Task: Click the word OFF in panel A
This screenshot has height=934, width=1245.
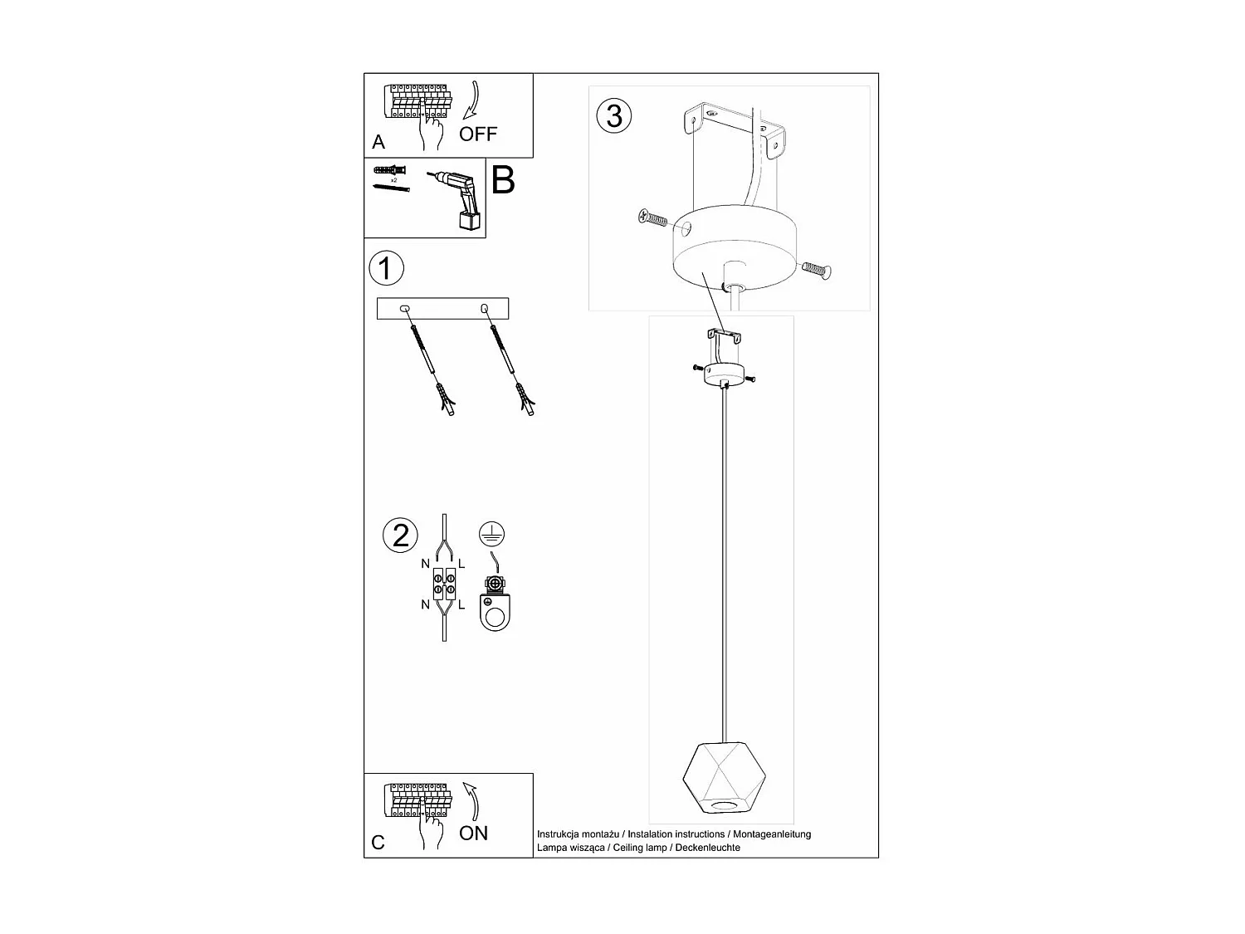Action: point(478,134)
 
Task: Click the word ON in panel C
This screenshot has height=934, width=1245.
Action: point(473,833)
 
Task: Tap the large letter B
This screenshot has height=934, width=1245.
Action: point(503,180)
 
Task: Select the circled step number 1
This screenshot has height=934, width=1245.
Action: point(386,269)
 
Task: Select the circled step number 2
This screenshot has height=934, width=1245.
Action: point(401,535)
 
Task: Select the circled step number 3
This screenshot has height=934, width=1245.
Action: point(614,115)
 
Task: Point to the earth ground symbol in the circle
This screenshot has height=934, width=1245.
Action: point(492,535)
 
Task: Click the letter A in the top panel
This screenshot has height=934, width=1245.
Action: point(378,143)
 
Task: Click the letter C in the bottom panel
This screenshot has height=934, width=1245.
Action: point(378,843)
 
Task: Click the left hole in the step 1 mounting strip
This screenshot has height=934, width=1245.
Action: point(405,310)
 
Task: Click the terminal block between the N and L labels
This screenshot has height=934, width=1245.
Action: point(444,584)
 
